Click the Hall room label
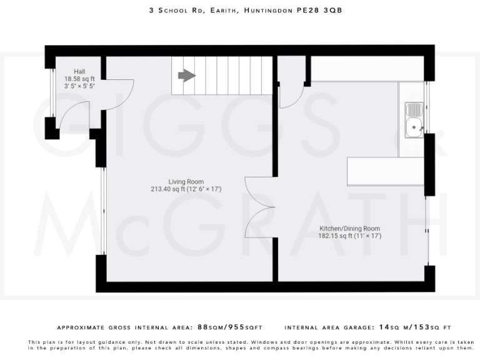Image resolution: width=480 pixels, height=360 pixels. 79,71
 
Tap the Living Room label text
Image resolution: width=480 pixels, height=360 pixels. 186,181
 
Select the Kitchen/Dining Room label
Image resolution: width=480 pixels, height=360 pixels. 349,229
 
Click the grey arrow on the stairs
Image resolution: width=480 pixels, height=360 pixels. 186,76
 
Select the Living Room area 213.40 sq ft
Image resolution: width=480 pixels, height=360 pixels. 168,189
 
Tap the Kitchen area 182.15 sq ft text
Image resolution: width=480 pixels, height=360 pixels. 334,236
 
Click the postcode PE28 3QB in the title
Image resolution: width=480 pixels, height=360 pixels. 319,11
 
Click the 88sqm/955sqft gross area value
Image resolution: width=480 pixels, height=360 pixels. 229,327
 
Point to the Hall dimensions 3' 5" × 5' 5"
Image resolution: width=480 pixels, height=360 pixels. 79,87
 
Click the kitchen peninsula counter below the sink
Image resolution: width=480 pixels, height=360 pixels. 385,171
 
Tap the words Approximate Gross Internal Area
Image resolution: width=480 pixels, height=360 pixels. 124,327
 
